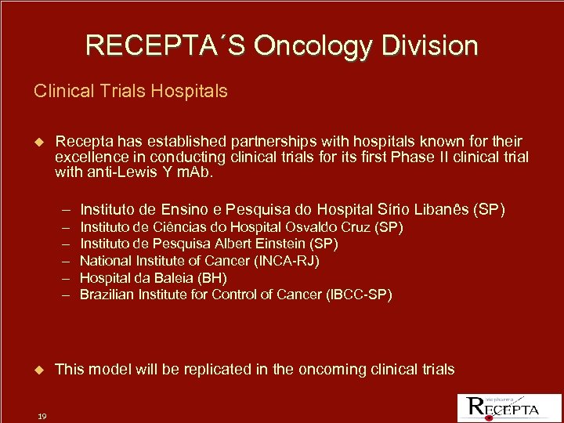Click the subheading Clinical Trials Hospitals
131,91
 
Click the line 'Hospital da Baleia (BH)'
154,278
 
